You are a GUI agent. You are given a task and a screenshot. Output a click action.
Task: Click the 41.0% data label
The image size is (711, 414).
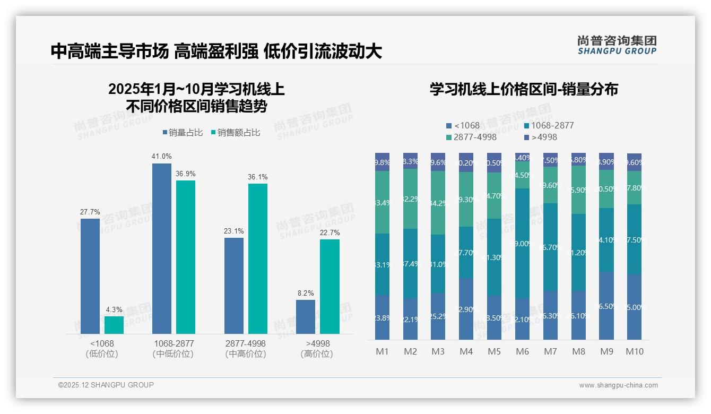click(x=162, y=157)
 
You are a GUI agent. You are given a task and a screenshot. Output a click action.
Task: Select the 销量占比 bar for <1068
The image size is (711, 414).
click(x=90, y=276)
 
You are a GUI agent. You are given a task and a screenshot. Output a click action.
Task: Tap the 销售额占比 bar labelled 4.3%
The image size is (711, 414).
click(x=114, y=325)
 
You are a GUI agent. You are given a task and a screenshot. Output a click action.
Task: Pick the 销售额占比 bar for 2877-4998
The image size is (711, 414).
click(x=258, y=258)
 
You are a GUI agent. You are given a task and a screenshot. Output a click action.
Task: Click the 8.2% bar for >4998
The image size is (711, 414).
click(x=306, y=317)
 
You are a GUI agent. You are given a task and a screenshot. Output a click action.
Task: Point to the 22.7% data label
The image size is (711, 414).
click(x=330, y=232)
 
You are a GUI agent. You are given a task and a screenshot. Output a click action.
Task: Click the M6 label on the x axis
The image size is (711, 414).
click(x=523, y=351)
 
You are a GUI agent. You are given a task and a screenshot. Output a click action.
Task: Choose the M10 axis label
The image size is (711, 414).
click(x=634, y=351)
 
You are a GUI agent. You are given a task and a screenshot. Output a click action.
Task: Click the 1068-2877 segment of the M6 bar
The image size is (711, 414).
click(x=523, y=243)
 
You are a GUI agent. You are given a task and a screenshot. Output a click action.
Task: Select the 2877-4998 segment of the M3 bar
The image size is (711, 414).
click(x=438, y=203)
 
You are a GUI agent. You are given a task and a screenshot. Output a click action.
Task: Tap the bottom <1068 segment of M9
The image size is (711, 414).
click(x=606, y=306)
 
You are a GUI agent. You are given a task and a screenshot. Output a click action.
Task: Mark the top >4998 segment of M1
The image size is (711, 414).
click(x=382, y=162)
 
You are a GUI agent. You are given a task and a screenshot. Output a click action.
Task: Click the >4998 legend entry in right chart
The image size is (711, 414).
click(x=541, y=137)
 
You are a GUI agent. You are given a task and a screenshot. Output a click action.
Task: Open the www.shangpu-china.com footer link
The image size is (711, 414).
click(x=618, y=385)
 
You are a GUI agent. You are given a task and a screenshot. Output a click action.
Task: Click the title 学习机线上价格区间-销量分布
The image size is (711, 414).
click(x=524, y=89)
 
